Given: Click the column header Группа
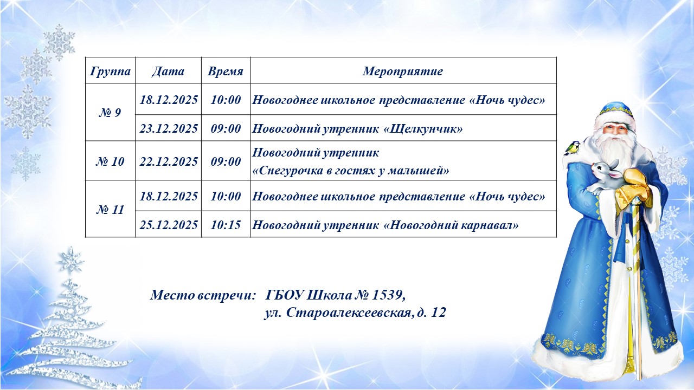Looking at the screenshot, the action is coord(110,71).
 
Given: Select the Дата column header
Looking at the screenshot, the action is coord(168,71).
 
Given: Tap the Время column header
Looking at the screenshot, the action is coord(226,71).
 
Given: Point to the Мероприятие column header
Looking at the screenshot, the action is coord(403,71).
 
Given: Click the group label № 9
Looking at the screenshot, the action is coord(110,113).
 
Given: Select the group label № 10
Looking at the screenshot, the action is coord(110,161).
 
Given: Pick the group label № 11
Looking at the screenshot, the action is coord(110,210).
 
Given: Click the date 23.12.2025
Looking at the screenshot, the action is coord(168,128).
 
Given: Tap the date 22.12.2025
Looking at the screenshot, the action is coord(168,161).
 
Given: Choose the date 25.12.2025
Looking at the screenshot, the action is coord(168,225).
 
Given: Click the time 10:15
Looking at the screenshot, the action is coord(226,225).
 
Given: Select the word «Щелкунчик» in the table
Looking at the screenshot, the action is coord(423,129).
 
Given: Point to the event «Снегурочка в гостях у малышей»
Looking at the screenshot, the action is coord(351,171).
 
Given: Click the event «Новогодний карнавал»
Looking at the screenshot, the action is coord(451,225).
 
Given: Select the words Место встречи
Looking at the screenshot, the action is coord(203,295).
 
